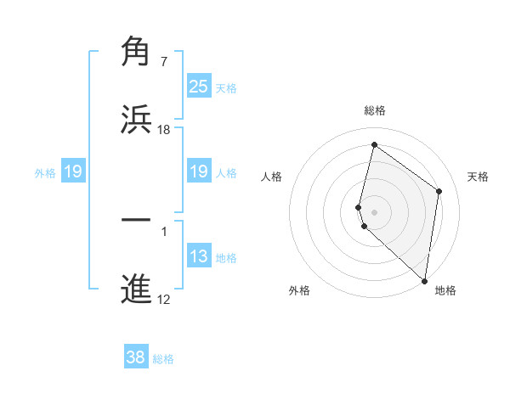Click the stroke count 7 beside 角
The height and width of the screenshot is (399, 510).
(x=164, y=62)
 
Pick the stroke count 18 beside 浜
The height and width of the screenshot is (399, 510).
(x=164, y=130)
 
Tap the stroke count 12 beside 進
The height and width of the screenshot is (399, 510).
(x=164, y=300)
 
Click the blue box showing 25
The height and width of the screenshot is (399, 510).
(x=198, y=87)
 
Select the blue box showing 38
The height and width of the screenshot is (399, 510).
(x=135, y=357)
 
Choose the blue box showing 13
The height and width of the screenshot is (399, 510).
(x=198, y=256)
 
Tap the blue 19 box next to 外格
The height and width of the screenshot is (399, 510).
(x=73, y=172)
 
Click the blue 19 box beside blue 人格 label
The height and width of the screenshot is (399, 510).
(x=198, y=172)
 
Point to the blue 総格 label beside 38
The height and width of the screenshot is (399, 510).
(x=163, y=359)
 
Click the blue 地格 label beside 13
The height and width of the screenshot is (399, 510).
(x=226, y=258)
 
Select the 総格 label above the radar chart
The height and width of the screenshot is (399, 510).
(x=375, y=110)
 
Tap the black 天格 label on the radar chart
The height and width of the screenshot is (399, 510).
(x=479, y=177)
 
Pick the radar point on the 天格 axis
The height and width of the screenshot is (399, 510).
(x=439, y=191)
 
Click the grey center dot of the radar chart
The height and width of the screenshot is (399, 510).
(x=375, y=211)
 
